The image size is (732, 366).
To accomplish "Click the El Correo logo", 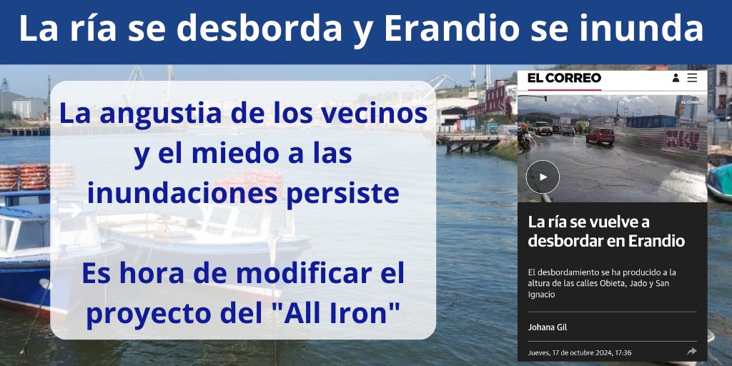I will (x=564, y=78).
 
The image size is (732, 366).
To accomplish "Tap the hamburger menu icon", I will (x=692, y=78).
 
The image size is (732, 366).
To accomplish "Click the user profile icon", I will (x=676, y=78).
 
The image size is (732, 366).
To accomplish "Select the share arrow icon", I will (x=691, y=352).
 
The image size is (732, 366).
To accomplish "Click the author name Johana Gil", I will (x=548, y=327).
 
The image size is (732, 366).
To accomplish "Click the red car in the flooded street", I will (x=600, y=136).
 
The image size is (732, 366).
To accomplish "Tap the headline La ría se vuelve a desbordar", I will (x=606, y=231).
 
